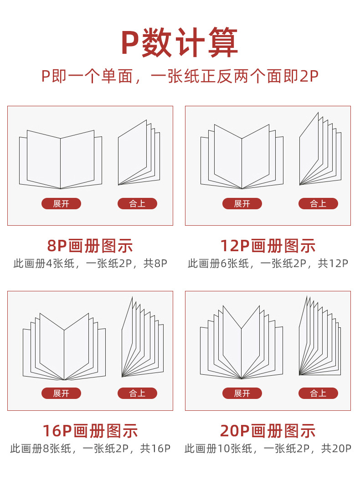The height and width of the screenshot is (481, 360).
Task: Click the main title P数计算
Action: [x=180, y=42]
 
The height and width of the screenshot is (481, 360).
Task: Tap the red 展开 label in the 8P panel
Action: [x=62, y=204]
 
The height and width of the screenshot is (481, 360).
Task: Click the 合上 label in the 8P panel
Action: [x=137, y=204]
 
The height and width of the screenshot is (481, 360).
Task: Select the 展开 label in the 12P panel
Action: [x=242, y=204]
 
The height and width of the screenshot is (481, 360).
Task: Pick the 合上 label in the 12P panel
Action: [x=318, y=204]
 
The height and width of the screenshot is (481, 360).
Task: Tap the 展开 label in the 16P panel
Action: [x=62, y=393]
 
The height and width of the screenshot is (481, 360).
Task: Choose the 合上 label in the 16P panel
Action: [x=137, y=393]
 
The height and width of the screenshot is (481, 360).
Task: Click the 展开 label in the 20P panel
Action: [x=242, y=393]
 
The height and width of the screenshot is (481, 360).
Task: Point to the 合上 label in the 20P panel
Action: [x=318, y=393]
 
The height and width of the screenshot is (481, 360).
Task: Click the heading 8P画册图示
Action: [x=90, y=246]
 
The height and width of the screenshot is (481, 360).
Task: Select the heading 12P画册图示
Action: [x=268, y=246]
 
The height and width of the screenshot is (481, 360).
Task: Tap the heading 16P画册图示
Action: [x=90, y=431]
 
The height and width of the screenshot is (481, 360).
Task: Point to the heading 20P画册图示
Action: [x=268, y=431]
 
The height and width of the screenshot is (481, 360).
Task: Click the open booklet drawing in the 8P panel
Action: [x=61, y=160]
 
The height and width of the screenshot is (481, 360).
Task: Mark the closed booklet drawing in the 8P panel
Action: [x=139, y=152]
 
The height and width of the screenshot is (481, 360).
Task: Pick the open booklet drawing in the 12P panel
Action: [x=242, y=156]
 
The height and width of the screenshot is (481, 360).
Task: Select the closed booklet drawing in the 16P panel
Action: [x=143, y=337]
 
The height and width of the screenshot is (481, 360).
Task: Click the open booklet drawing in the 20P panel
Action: [x=242, y=342]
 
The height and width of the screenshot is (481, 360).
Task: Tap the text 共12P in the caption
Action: [x=333, y=263]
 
